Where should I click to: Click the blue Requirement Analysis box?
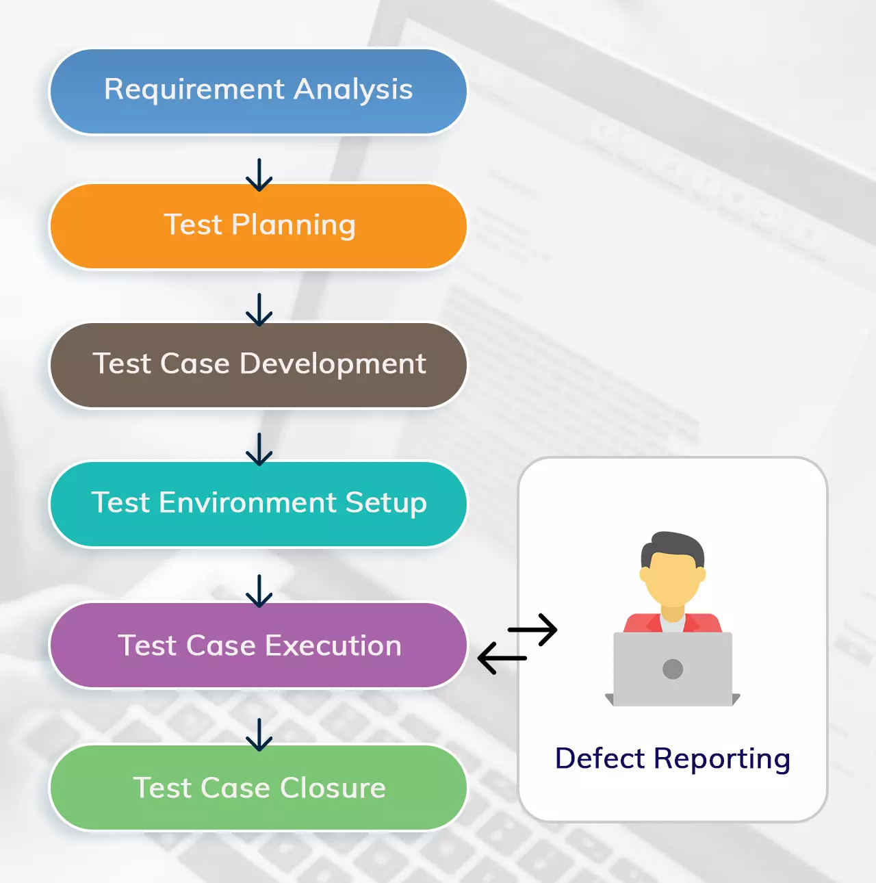point(258,92)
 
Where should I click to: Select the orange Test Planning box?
point(258,226)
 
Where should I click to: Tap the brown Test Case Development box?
point(258,365)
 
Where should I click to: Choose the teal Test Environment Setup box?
point(258,504)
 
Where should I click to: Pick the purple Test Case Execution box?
point(258,645)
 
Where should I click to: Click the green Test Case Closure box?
point(258,787)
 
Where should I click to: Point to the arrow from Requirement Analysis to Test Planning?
point(259,175)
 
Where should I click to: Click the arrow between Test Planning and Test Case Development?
point(259,310)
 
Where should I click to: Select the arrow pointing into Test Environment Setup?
point(259,450)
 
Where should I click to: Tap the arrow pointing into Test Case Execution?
point(259,591)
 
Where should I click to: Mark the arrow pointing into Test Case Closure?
point(259,735)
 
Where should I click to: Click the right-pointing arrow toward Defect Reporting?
point(533,630)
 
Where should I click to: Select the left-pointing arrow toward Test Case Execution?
point(502,658)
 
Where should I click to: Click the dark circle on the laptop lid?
point(673,669)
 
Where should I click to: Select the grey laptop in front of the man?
point(673,669)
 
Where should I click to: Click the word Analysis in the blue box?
point(353,90)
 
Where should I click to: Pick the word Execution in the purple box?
point(333,645)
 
